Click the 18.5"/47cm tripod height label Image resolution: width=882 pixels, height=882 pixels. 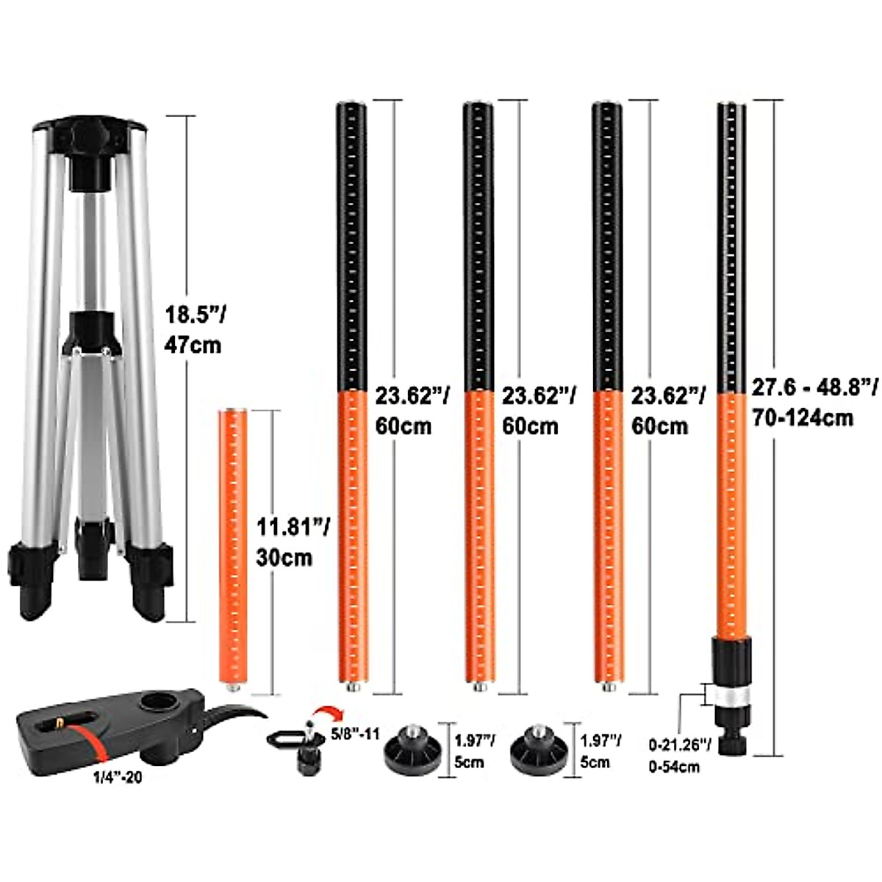(x=195, y=330)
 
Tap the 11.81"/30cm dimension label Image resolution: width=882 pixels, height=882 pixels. (x=292, y=542)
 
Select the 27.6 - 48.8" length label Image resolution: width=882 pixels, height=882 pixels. (x=815, y=389)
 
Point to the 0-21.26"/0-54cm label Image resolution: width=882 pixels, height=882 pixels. (x=680, y=757)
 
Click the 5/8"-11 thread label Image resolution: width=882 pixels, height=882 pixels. (x=355, y=734)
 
